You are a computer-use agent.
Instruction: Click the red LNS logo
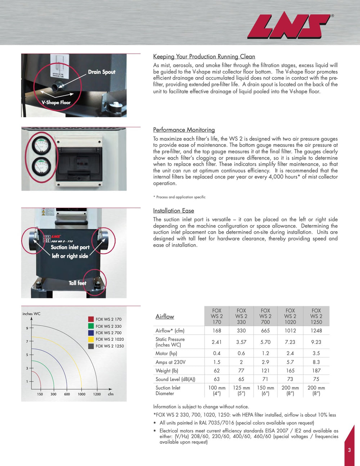[x=289, y=26]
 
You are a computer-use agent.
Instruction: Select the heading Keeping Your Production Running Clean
[x=204, y=57]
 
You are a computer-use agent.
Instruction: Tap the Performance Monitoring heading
[x=184, y=130]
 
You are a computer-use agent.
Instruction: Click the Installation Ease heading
[x=174, y=211]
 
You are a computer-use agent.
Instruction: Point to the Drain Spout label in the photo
[x=102, y=72]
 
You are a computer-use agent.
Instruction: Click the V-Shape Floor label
[x=56, y=103]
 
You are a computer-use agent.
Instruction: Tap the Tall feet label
[x=77, y=283]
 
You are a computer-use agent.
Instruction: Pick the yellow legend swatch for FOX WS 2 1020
[x=91, y=339]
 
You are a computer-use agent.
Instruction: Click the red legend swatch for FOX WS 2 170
[x=91, y=319]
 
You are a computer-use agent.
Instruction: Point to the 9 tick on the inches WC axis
[x=27, y=328]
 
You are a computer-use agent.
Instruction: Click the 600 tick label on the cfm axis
[x=67, y=394]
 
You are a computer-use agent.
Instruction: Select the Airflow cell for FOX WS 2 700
[x=265, y=331]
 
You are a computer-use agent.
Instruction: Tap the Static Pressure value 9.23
[x=316, y=342]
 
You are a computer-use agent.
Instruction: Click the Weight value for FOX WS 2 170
[x=216, y=371]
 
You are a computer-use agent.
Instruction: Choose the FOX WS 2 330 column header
[x=241, y=316]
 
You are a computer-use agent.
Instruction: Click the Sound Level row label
[x=175, y=379]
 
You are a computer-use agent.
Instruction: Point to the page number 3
[x=349, y=450]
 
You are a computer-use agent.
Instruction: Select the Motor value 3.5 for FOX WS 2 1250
[x=316, y=354]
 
